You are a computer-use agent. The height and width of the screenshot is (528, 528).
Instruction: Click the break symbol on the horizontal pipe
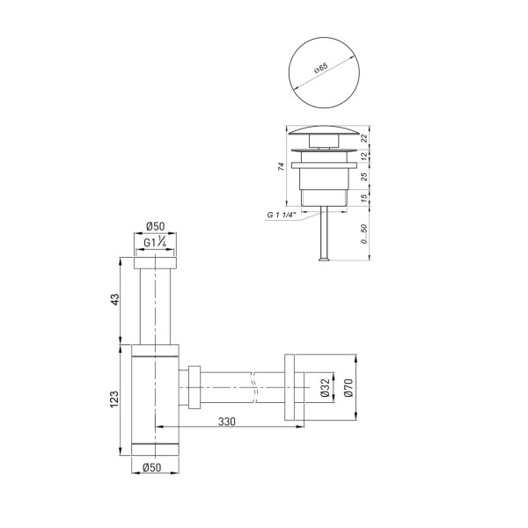pos(255,385)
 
